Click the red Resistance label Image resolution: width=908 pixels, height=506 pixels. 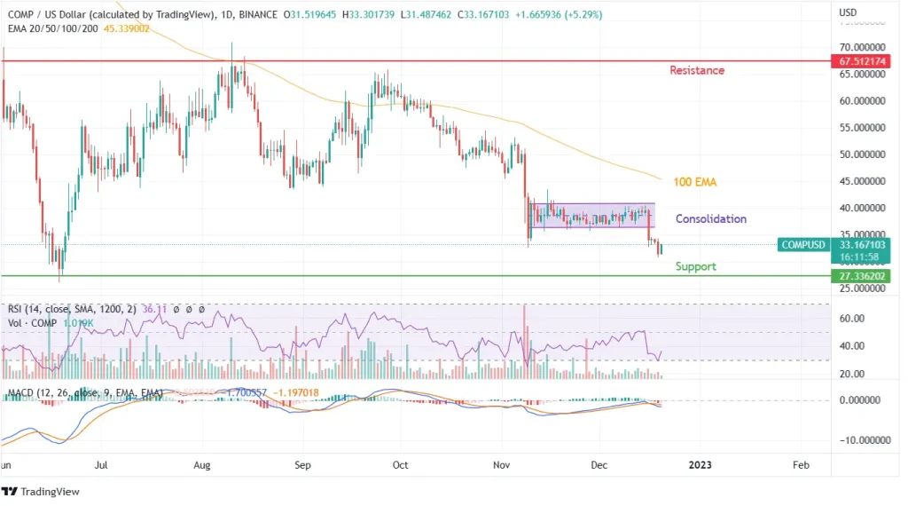tap(696, 70)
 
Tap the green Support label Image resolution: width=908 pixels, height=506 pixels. tap(695, 266)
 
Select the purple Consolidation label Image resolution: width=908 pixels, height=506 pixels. tap(710, 218)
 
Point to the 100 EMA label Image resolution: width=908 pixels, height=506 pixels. tap(694, 182)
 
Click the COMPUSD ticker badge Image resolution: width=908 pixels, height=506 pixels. tap(803, 244)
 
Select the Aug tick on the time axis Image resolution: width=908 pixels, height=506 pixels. tap(201, 464)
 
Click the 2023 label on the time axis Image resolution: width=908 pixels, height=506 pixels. tap(700, 464)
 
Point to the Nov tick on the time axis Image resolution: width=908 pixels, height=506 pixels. tap(501, 464)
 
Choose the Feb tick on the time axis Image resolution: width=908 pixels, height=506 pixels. tap(800, 464)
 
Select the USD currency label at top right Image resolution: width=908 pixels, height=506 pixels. tap(848, 12)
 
